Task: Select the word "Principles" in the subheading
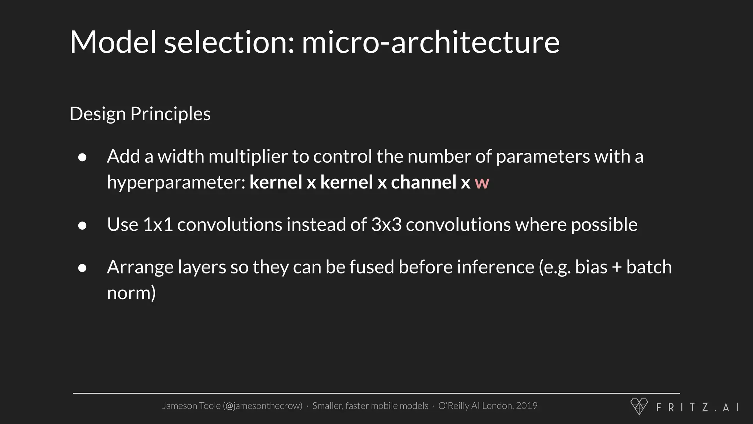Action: [170, 114]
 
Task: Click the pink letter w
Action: [482, 183]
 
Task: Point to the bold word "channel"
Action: [424, 182]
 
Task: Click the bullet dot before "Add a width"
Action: [82, 158]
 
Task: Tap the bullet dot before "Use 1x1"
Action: [82, 226]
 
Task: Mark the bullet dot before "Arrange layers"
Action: [82, 268]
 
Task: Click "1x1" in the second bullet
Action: [158, 225]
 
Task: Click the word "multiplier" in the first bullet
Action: [248, 157]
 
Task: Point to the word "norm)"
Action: [131, 293]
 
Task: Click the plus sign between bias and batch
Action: [617, 268]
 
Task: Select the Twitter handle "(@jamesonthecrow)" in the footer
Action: [263, 406]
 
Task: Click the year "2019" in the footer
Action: [527, 406]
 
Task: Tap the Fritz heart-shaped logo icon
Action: [639, 406]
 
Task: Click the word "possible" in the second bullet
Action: [604, 225]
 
